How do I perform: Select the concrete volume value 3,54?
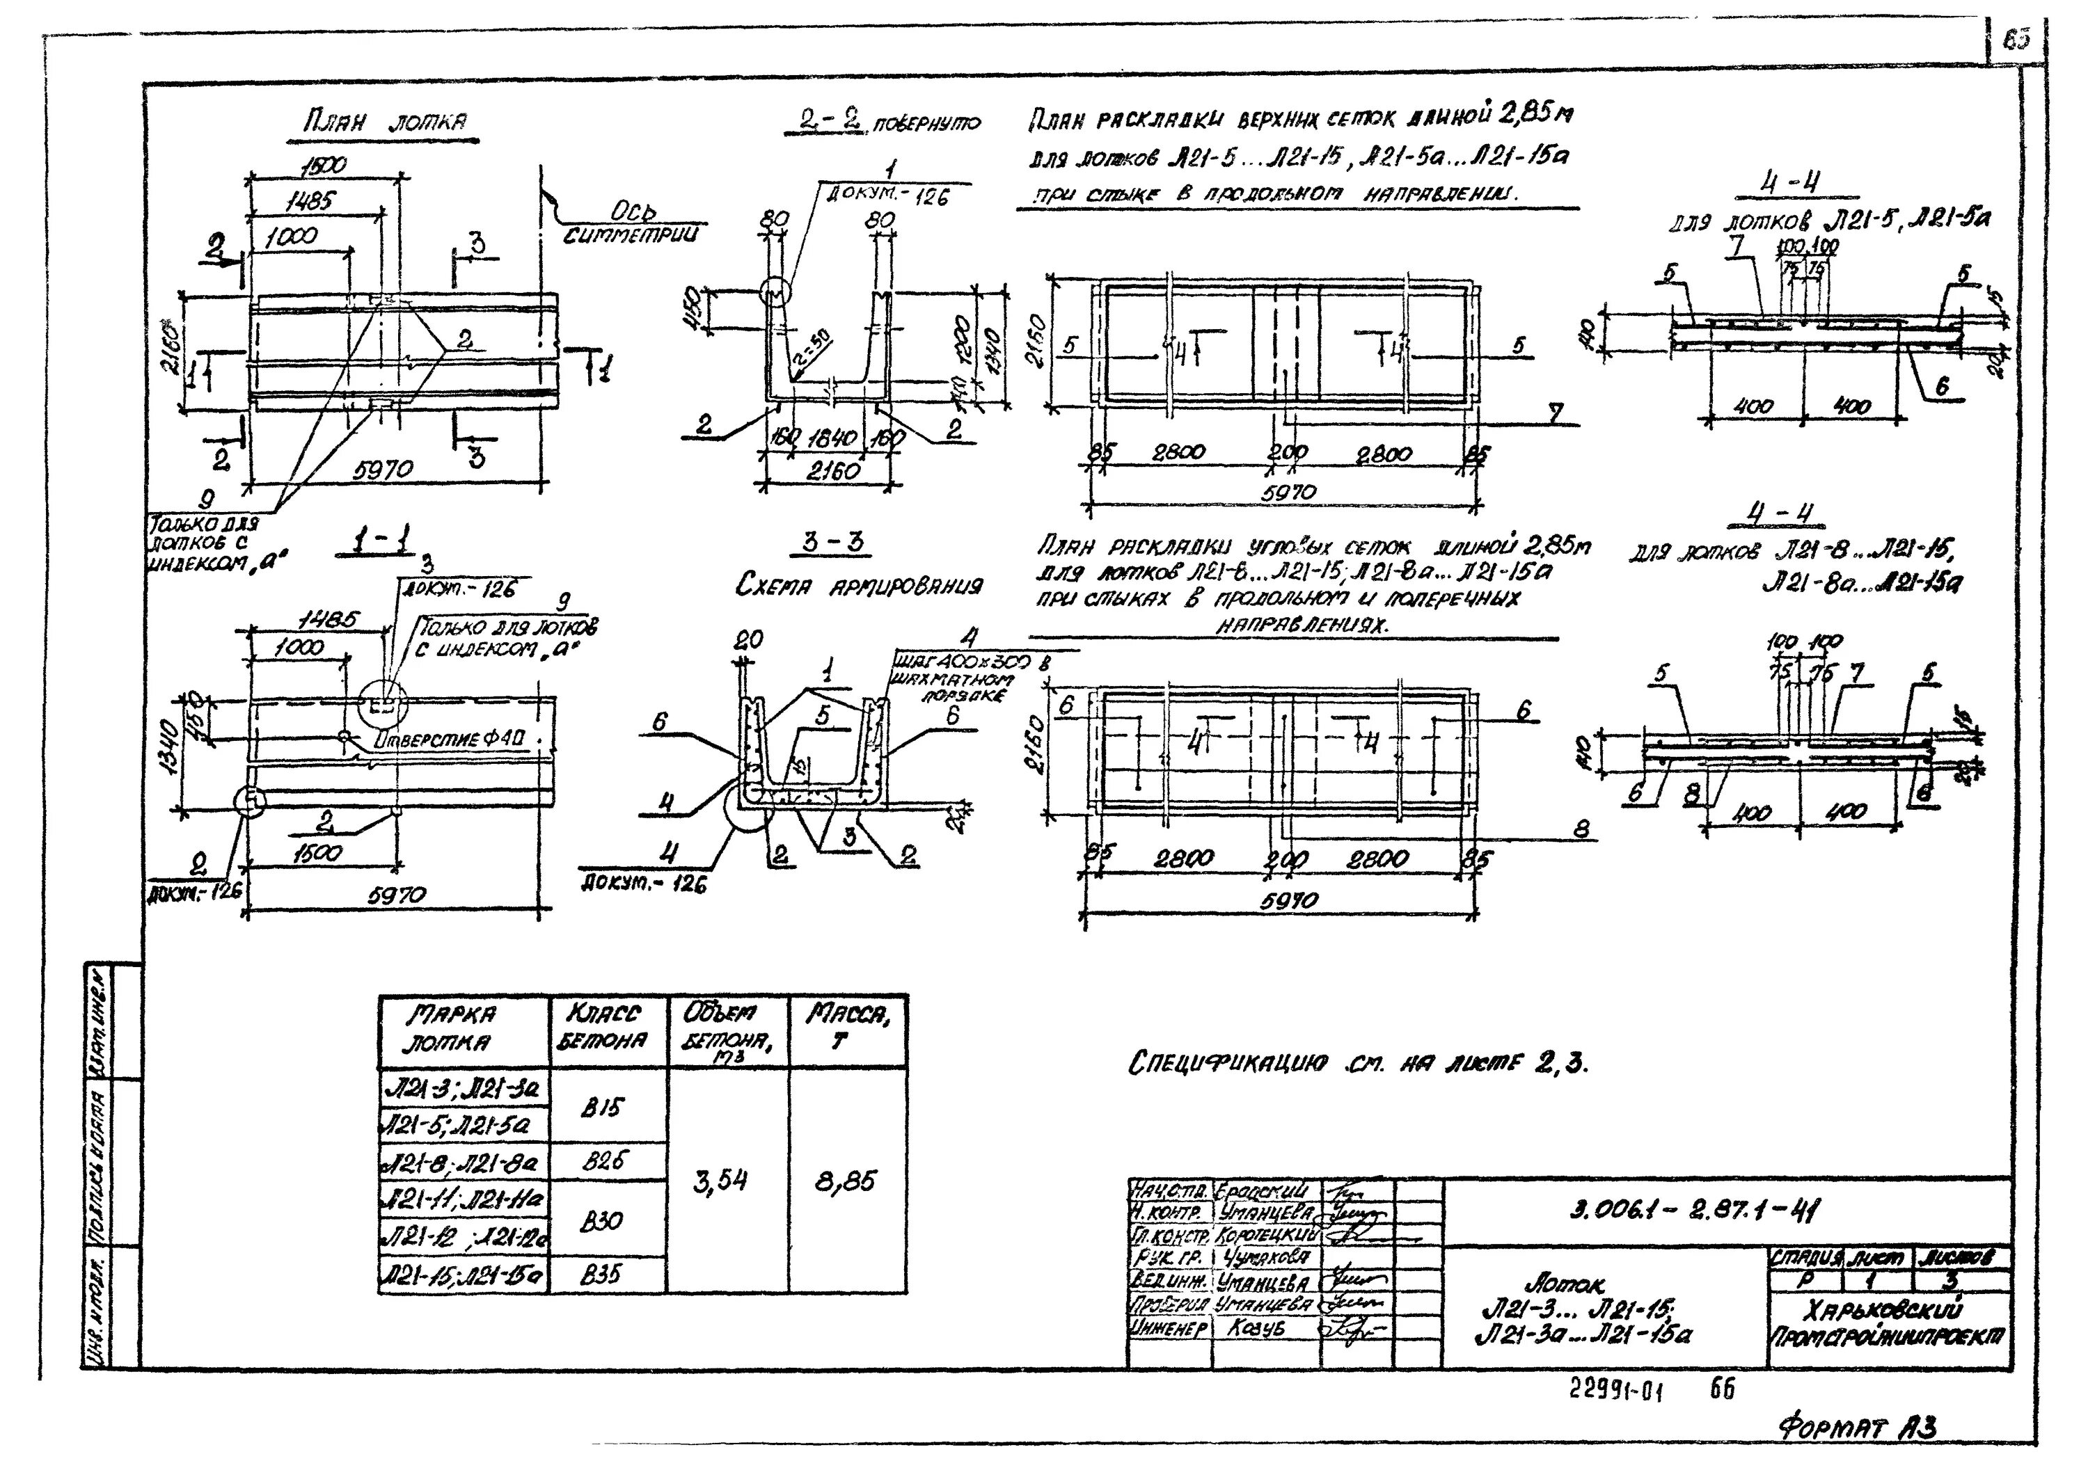point(720,1181)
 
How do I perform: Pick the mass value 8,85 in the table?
point(846,1181)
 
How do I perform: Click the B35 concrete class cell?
point(601,1275)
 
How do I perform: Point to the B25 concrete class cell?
point(606,1161)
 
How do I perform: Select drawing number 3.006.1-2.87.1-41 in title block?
point(1695,1210)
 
